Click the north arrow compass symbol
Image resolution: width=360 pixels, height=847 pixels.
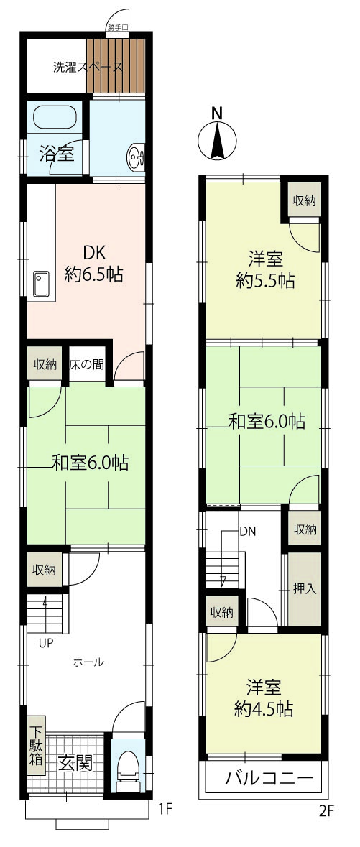tap(217, 140)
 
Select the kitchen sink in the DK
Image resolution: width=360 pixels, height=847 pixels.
tap(41, 284)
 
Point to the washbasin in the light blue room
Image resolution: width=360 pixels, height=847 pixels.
tap(137, 157)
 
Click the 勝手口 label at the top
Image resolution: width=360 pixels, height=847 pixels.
tap(117, 28)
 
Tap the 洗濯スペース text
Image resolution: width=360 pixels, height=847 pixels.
tap(87, 68)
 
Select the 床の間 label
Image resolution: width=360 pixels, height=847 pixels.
tap(86, 364)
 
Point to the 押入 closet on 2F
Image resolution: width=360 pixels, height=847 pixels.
tap(305, 589)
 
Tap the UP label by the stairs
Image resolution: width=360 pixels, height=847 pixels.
tap(45, 643)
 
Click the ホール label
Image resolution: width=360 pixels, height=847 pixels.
tap(88, 662)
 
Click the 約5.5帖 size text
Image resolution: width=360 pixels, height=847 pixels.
tap(265, 281)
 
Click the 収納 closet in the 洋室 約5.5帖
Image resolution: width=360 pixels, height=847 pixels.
tap(305, 201)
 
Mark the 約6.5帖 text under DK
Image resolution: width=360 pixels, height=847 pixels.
tap(94, 274)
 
